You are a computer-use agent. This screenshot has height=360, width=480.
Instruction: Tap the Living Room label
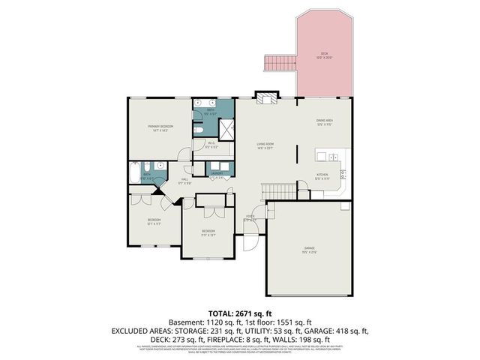click(265, 145)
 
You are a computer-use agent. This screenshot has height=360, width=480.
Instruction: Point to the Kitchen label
click(322, 177)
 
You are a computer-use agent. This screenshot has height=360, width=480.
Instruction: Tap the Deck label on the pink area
click(324, 55)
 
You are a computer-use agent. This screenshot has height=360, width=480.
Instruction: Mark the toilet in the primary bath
click(198, 130)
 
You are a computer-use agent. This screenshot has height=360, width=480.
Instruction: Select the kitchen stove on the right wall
click(344, 175)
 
